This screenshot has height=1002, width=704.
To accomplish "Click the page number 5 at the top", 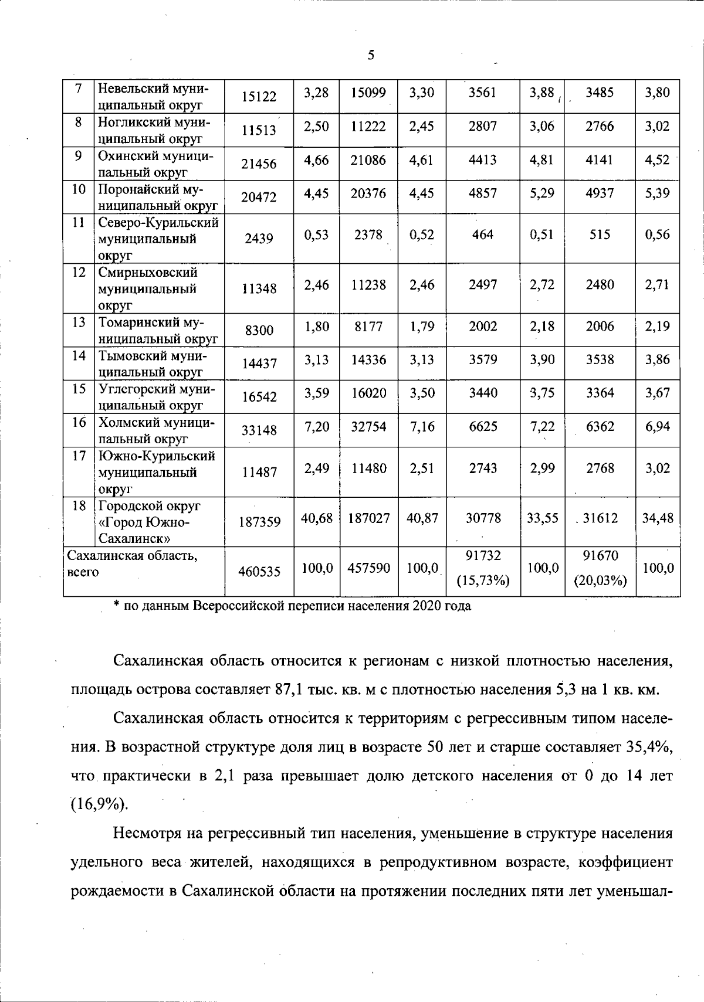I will [x=371, y=56].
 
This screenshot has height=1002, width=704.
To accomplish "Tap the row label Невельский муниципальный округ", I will [x=153, y=97].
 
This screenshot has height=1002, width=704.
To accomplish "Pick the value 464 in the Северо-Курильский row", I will [x=483, y=235].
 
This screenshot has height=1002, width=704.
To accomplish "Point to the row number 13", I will [x=79, y=322].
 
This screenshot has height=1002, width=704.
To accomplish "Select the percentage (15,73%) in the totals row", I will [x=483, y=580].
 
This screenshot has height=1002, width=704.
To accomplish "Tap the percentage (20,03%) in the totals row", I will [x=600, y=580].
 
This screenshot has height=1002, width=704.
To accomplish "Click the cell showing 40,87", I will [x=421, y=518].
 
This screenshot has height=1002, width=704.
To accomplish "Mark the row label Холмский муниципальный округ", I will [x=156, y=430].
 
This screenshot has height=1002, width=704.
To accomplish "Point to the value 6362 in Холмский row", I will [x=600, y=426].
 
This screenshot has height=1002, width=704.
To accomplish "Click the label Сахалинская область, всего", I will [x=132, y=563].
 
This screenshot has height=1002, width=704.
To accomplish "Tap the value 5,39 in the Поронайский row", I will [x=657, y=193].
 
